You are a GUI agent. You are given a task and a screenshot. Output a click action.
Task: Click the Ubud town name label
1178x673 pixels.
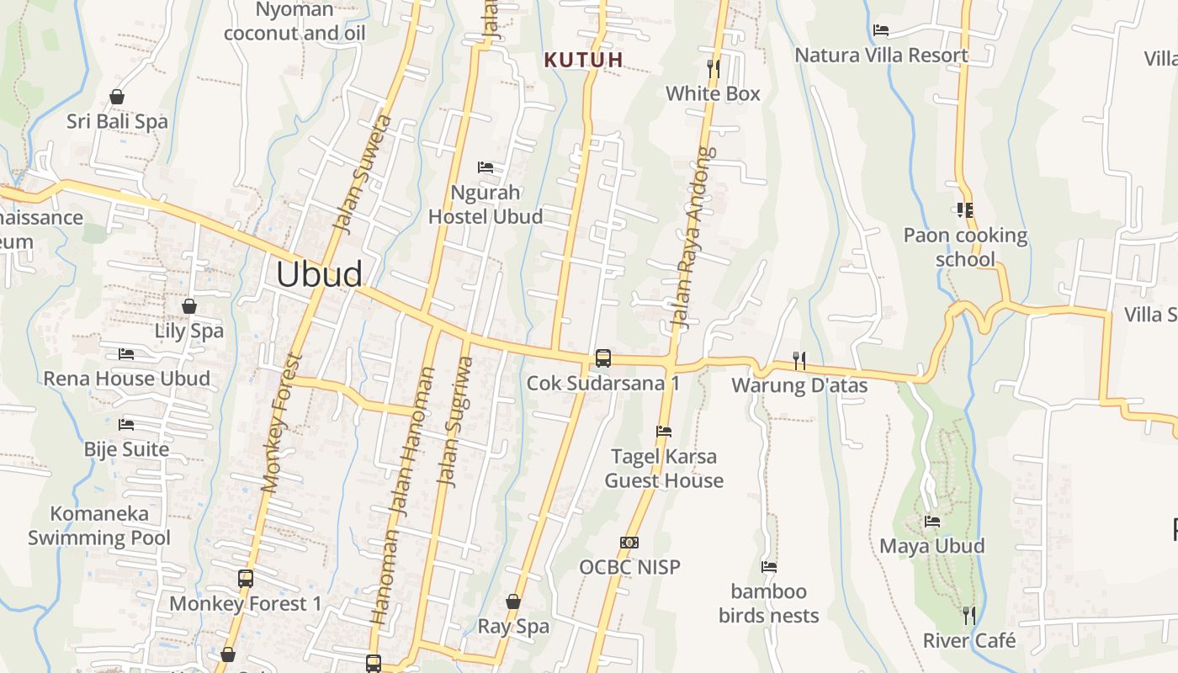point(320,274)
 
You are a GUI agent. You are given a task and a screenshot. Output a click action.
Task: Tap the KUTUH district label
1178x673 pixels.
point(584,60)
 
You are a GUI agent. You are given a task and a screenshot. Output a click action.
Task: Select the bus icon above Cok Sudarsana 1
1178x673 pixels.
point(603,358)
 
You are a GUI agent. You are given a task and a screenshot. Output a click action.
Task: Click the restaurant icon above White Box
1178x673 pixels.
point(714,68)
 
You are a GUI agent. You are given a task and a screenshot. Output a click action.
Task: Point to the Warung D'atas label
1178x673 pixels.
point(799,385)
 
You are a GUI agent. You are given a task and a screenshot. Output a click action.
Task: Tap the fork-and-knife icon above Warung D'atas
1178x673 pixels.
point(799,361)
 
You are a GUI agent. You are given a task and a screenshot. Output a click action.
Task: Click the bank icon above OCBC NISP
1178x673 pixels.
point(629,543)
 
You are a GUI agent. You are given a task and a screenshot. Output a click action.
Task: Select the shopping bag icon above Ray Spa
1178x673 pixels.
point(513,601)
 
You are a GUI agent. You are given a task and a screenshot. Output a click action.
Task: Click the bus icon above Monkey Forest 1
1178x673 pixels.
point(246,579)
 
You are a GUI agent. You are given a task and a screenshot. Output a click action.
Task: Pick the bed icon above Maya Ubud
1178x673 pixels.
point(932,522)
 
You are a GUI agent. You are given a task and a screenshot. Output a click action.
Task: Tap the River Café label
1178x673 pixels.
point(969,641)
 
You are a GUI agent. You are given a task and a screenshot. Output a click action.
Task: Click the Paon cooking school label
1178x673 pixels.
point(965,246)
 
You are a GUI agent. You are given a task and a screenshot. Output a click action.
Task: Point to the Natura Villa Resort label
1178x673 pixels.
point(881,56)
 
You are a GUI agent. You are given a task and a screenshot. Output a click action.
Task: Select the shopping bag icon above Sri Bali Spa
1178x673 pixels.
point(117,97)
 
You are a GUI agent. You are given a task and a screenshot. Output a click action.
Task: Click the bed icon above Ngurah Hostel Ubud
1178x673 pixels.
point(486,167)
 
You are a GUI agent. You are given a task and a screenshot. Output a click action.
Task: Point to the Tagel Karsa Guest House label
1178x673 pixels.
point(664,469)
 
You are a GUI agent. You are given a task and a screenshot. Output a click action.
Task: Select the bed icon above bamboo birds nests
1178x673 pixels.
point(769,567)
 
